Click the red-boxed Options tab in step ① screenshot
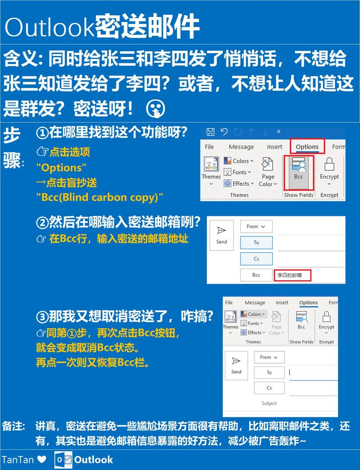point(307,147)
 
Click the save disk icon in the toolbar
point(210,132)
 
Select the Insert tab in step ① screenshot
point(274,147)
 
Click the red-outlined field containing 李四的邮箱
point(292,275)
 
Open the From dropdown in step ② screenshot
point(256,227)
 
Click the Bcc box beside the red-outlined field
point(256,275)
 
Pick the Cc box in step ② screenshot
point(256,259)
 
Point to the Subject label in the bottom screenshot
point(269,403)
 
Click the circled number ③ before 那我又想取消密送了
point(42,317)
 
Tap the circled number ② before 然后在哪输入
point(42,222)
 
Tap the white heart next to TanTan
point(42,460)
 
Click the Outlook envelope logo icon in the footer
point(63,460)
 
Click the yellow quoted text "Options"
point(62,168)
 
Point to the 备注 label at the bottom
point(14,425)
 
